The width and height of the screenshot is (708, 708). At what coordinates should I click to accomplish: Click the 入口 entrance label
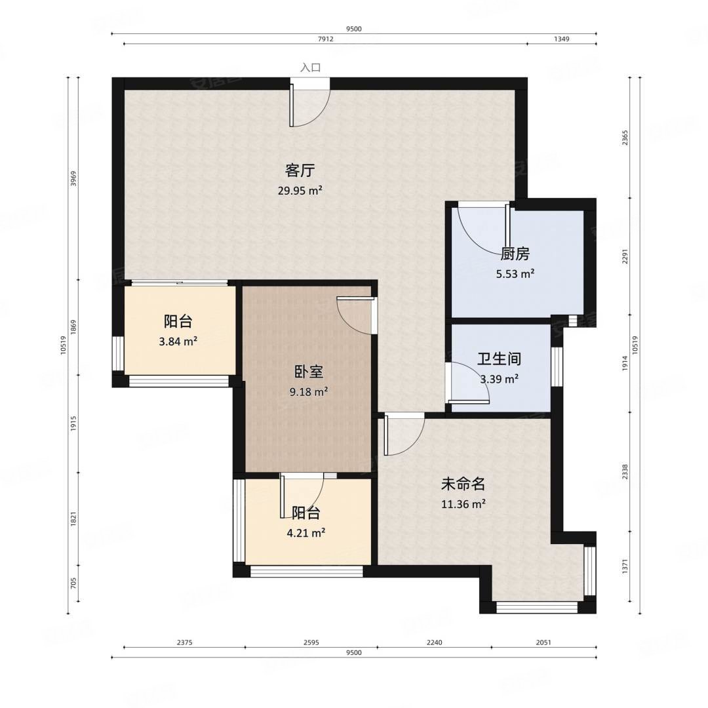(x=311, y=68)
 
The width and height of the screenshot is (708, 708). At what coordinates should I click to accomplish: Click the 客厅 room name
(x=300, y=171)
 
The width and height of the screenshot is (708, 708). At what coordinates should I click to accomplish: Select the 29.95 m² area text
(x=300, y=191)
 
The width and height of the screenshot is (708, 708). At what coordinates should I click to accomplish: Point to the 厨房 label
(x=515, y=254)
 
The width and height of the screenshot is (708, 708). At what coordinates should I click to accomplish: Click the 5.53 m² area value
(x=515, y=274)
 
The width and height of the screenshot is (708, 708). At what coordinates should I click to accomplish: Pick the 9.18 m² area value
(x=308, y=392)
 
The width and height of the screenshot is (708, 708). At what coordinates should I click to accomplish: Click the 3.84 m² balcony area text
(x=178, y=341)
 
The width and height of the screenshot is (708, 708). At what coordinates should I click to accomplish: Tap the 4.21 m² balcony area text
(x=306, y=533)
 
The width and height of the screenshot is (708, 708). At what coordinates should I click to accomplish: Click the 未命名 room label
(x=463, y=484)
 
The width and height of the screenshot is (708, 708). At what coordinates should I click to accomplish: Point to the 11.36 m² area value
(x=463, y=504)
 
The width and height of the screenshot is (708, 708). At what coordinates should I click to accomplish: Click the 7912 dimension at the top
(x=326, y=39)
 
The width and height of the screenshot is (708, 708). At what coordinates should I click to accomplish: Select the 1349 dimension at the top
(x=561, y=39)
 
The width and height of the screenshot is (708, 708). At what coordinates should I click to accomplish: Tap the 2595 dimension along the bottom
(x=311, y=643)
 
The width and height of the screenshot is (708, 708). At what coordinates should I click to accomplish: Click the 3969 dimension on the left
(x=73, y=179)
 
